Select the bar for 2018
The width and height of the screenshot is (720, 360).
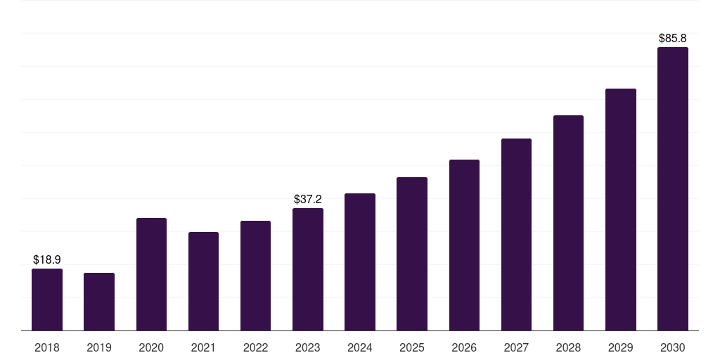(x=47, y=300)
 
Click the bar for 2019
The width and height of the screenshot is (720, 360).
(x=99, y=302)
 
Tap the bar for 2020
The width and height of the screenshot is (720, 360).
(x=152, y=274)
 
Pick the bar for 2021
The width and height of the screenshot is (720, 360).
(x=203, y=281)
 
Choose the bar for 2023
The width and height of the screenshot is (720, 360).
(x=308, y=269)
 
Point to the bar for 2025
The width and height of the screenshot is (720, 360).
(x=412, y=254)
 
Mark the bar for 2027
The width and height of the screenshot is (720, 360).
(x=516, y=235)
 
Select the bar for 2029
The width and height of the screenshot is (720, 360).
(x=621, y=210)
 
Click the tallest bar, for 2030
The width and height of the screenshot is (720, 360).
(x=673, y=188)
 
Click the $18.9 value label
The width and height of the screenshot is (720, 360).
(x=47, y=260)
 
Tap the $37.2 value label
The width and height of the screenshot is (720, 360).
(x=308, y=199)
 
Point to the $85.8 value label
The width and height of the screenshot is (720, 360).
(x=673, y=38)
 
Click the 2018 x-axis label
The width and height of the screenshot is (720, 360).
(x=47, y=347)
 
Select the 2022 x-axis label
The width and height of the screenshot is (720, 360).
(x=255, y=347)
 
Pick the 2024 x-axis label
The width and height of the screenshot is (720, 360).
(x=360, y=347)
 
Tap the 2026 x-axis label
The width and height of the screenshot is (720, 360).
(x=464, y=347)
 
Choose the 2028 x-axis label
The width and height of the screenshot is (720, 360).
(x=568, y=347)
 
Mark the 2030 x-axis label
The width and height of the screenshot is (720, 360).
(x=673, y=347)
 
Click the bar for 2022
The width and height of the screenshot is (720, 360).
(x=255, y=276)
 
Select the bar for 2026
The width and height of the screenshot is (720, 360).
(x=464, y=245)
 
